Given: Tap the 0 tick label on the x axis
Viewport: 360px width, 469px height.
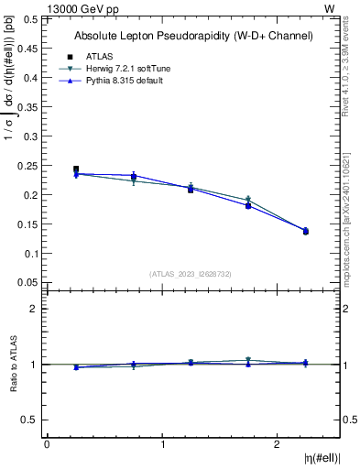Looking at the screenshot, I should pyautogui.click(x=47, y=444).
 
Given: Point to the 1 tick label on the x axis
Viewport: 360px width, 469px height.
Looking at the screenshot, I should pyautogui.click(x=163, y=444).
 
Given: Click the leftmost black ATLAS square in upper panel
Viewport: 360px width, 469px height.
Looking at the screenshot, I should pyautogui.click(x=76, y=169).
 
